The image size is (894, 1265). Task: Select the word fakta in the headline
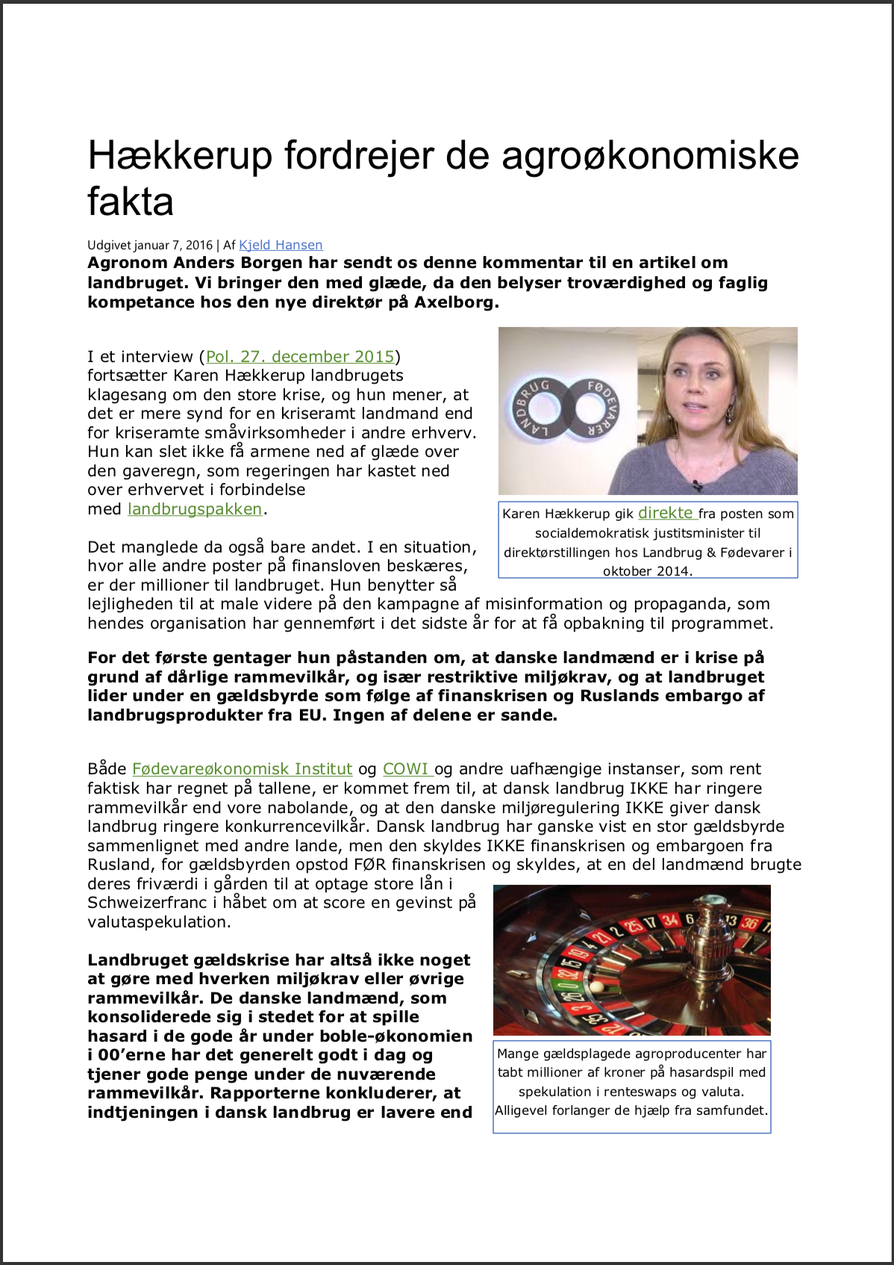[131, 202]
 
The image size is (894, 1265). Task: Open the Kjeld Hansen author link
[281, 245]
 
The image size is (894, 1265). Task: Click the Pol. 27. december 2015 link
[300, 357]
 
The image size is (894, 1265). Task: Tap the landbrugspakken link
[195, 509]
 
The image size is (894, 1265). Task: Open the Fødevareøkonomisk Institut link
[242, 769]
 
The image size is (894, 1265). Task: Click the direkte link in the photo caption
[666, 513]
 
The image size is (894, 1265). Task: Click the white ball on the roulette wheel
[596, 986]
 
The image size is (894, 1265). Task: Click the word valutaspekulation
[159, 922]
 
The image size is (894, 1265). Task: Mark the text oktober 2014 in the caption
[646, 571]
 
